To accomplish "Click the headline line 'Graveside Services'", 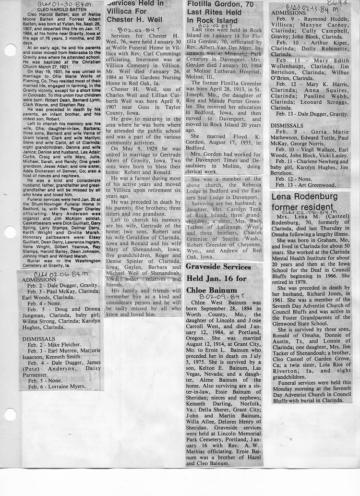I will (218, 267).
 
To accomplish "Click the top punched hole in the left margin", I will (10, 50).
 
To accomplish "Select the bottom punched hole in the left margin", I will (10, 414).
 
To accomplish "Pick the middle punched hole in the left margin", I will (10, 232).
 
